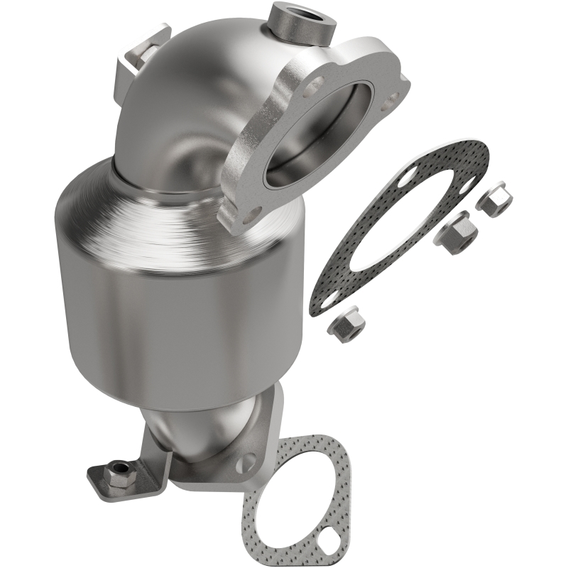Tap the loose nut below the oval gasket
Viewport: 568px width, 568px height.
pyautogui.click(x=346, y=325)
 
